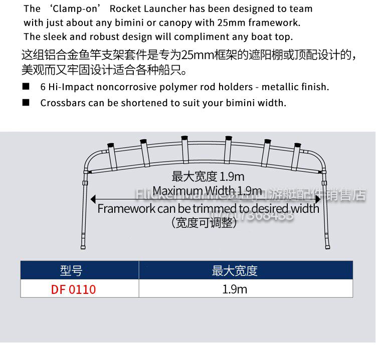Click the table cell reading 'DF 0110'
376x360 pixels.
tap(73, 289)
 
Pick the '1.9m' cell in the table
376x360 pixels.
tap(235, 289)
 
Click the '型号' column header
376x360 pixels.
tap(71, 271)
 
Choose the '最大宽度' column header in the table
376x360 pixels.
tap(235, 271)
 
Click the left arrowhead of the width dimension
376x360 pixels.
tap(93, 199)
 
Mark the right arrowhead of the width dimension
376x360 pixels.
tap(317, 199)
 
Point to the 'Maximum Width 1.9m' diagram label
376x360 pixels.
tap(207, 191)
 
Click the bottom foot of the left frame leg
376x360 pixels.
tap(84, 245)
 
